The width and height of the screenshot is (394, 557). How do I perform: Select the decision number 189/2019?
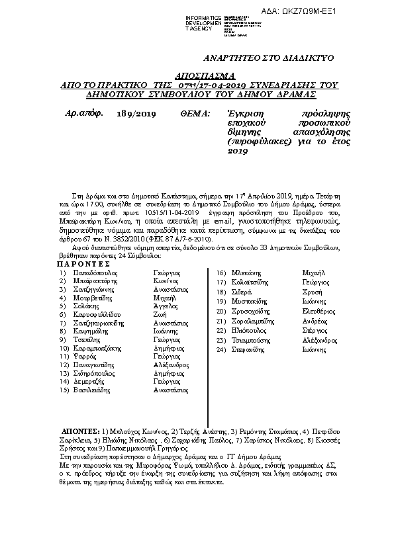tap(136, 114)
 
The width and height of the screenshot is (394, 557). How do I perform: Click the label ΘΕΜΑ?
tap(195, 114)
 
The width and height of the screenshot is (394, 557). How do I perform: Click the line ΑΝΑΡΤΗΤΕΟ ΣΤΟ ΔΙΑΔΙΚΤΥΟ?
tap(260, 58)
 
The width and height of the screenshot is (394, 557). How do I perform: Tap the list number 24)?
tap(222, 350)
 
